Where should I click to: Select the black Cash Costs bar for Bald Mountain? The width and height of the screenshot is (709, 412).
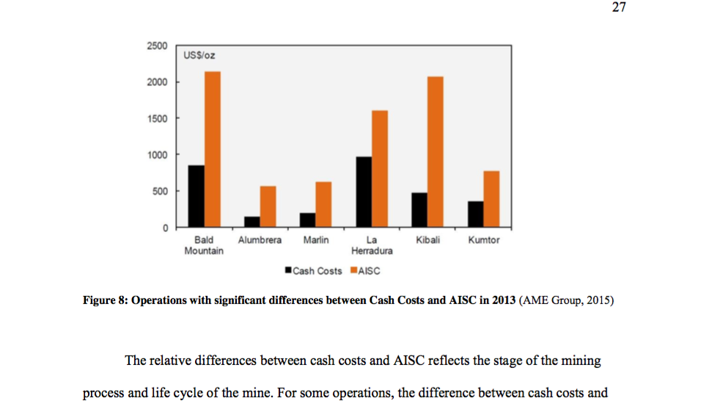tap(196, 196)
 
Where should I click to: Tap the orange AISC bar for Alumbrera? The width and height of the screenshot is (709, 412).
tap(268, 206)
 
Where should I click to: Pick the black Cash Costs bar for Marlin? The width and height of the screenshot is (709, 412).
tap(308, 220)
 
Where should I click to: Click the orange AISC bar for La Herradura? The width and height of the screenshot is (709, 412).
tap(380, 168)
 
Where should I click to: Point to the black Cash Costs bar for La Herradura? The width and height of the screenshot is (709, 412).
tap(363, 192)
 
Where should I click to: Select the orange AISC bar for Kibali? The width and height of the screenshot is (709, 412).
tap(436, 151)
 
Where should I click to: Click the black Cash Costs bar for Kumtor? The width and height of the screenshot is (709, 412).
tap(475, 214)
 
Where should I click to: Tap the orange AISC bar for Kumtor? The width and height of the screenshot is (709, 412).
tap(491, 199)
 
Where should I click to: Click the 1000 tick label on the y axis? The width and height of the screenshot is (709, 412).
tap(157, 155)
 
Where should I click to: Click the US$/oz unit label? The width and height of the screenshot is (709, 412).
tap(200, 56)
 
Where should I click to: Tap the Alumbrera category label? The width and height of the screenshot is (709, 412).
tap(260, 240)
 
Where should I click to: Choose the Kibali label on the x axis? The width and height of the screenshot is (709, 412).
tap(427, 240)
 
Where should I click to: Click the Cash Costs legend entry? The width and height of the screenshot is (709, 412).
tap(313, 271)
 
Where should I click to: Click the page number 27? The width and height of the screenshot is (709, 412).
tap(620, 8)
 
